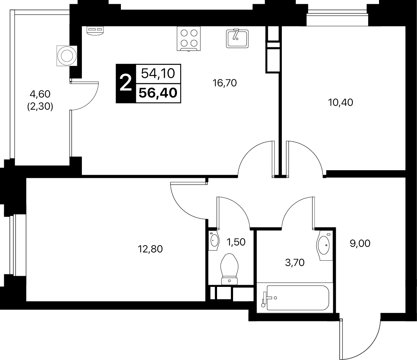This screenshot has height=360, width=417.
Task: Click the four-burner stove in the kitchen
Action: click(188, 39)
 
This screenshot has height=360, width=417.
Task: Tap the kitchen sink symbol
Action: click(237, 39)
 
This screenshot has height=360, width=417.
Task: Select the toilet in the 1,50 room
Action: click(230, 269)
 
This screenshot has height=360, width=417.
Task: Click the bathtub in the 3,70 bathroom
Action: click(295, 298)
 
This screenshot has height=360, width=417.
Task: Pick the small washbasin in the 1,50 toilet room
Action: click(214, 241)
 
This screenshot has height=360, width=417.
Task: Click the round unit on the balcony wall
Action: click(67, 56)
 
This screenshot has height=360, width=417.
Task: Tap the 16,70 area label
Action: click(225, 83)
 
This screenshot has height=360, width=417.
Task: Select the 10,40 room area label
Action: click(341, 102)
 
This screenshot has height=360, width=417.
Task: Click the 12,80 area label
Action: click(150, 249)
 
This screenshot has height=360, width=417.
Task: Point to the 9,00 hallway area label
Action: click(360, 244)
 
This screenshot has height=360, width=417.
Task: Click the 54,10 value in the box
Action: click(158, 73)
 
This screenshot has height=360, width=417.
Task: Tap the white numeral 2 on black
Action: click(126, 83)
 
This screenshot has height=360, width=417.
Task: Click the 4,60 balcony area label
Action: click(40, 94)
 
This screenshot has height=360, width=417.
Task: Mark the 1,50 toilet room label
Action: click(235, 242)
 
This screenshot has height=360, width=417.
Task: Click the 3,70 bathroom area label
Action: click(295, 263)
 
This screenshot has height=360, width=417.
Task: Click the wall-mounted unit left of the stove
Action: click(95, 31)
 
